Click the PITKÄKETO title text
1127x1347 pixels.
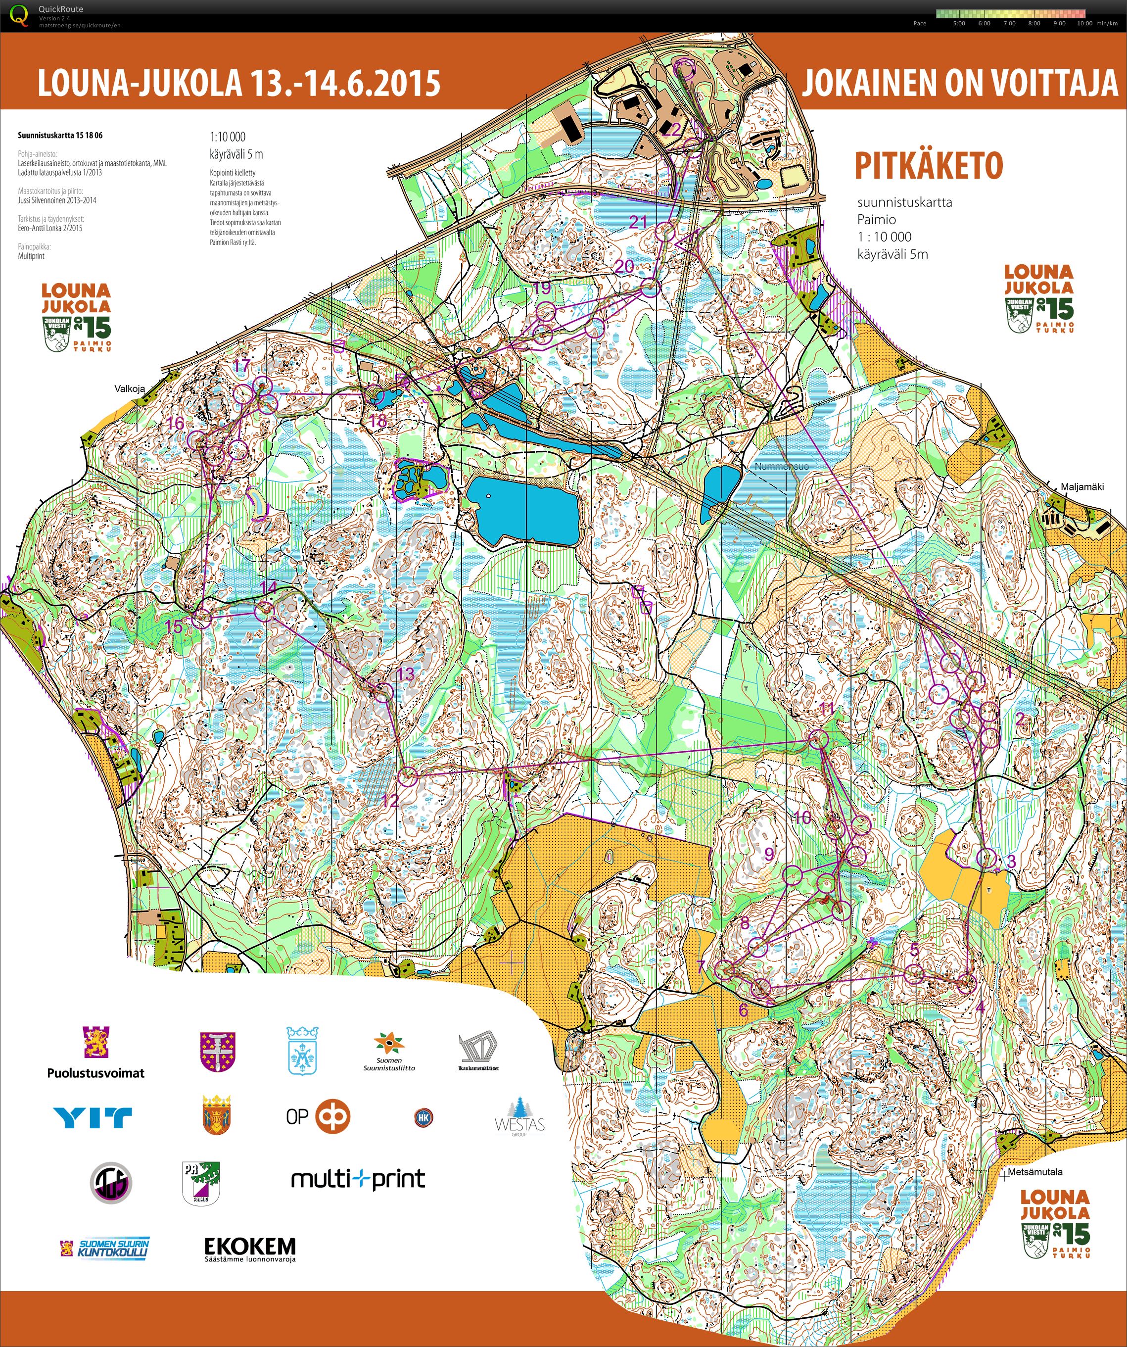click(928, 166)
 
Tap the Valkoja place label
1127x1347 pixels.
click(130, 388)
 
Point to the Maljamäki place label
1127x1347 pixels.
click(1082, 487)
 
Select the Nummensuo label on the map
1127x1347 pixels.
click(781, 466)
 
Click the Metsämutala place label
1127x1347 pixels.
click(1034, 1172)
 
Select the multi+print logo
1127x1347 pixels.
click(358, 1179)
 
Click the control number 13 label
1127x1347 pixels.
click(405, 673)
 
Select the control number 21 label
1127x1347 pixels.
click(638, 222)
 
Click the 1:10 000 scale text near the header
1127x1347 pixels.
click(227, 137)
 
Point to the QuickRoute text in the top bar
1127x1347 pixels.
click(60, 9)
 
